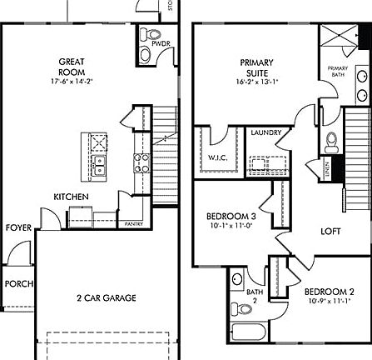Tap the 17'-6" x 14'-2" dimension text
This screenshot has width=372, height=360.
[71, 82]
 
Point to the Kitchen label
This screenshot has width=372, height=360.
[71, 197]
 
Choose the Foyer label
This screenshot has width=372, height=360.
[18, 227]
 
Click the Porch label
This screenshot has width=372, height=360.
[18, 284]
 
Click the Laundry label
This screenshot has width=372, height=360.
[265, 132]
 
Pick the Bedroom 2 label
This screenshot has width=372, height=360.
[329, 291]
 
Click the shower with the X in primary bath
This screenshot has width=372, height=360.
[338, 39]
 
